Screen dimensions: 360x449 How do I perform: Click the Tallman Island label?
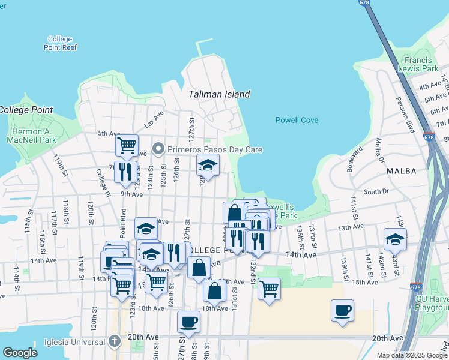click(x=219, y=94)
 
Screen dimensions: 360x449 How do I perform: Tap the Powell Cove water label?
click(x=297, y=120)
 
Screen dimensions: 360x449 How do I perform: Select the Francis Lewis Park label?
click(x=421, y=64)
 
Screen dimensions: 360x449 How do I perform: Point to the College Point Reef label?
click(x=60, y=43)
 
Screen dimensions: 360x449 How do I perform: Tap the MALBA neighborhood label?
click(x=402, y=171)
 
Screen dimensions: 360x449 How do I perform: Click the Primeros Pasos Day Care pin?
click(x=158, y=149)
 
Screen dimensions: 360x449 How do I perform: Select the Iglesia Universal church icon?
click(x=115, y=341)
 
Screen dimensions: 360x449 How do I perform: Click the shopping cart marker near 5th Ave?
click(x=127, y=145)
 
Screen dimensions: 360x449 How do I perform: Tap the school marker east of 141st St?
click(x=395, y=238)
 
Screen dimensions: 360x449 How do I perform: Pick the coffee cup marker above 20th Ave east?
click(x=342, y=310)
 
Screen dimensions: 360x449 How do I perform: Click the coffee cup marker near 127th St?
click(x=188, y=322)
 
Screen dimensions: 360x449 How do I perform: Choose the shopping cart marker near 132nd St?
click(x=269, y=288)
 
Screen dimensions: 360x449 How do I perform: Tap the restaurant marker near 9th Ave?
click(x=125, y=172)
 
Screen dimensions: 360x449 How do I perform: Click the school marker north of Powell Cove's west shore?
click(x=208, y=165)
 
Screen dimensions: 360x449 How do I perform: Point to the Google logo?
click(x=20, y=353)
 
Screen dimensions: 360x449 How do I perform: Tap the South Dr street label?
click(x=376, y=192)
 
